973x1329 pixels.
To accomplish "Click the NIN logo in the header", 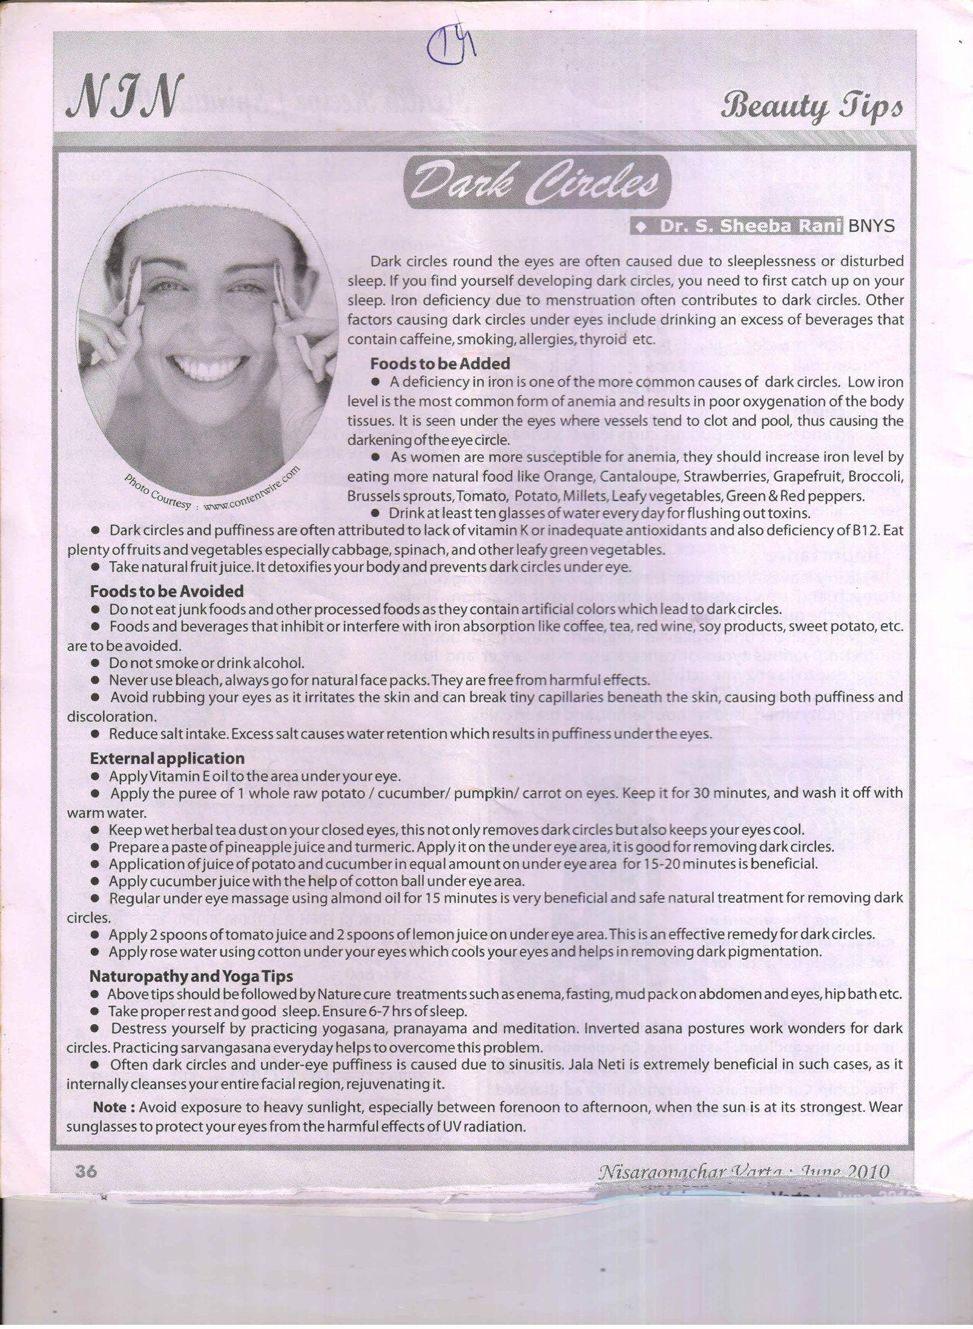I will point(124,97).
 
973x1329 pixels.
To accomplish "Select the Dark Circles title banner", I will point(533,182).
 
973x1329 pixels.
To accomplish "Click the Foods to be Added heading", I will point(440,364).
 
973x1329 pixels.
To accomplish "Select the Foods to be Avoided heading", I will point(167,591).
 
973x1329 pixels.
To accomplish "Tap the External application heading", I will point(167,758).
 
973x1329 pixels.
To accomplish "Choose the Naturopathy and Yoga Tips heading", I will point(191,976).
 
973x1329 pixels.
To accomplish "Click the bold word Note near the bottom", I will point(113,1107).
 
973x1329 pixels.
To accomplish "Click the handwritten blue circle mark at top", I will point(448,47).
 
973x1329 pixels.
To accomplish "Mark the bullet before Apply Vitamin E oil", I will point(95,776).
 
